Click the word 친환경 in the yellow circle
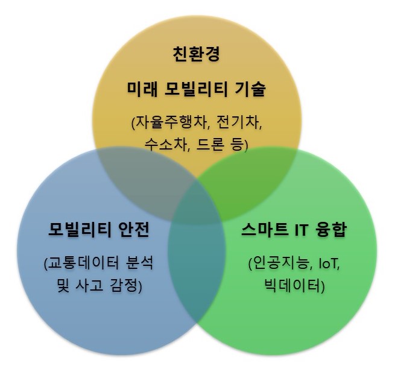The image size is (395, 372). click(197, 54)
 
